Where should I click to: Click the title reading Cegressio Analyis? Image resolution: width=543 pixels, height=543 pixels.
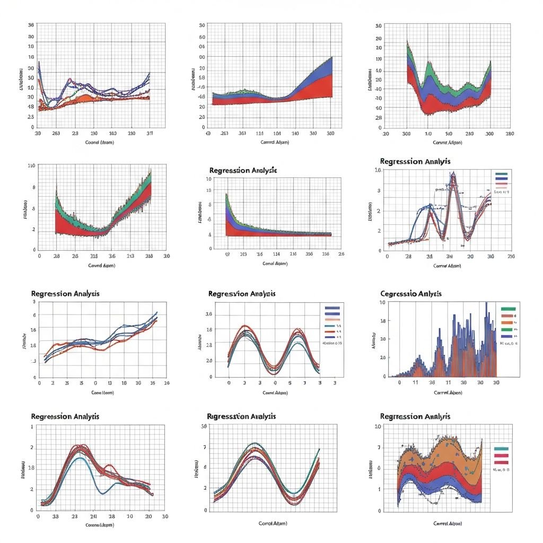coord(411,293)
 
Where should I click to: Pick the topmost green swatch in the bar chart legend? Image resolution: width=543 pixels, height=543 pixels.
coord(507,308)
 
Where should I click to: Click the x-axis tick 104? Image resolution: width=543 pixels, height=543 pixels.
coord(277,134)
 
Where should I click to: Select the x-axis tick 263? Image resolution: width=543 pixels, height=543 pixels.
coord(56,134)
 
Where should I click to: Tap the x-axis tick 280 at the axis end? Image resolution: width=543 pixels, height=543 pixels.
coord(510,134)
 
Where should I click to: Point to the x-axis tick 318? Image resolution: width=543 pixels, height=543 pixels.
coord(94,256)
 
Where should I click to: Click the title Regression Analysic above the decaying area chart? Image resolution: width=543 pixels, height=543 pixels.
coord(243,170)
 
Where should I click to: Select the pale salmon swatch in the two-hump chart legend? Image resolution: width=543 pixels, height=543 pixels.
coord(332,320)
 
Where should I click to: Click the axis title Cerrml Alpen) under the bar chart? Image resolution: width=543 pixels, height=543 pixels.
coord(448,393)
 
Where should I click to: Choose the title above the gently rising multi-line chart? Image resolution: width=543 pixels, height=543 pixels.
coord(65,293)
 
